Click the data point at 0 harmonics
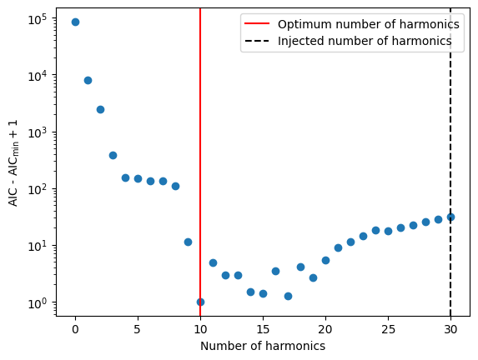click(75, 22)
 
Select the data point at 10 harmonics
click(200, 302)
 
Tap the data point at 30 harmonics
click(450, 217)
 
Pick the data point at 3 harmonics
click(113, 155)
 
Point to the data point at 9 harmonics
click(188, 242)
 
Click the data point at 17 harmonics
click(288, 296)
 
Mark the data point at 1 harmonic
click(88, 80)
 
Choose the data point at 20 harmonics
click(325, 260)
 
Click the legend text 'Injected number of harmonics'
click(365, 40)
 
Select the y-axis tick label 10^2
click(39, 188)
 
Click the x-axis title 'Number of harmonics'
click(263, 346)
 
